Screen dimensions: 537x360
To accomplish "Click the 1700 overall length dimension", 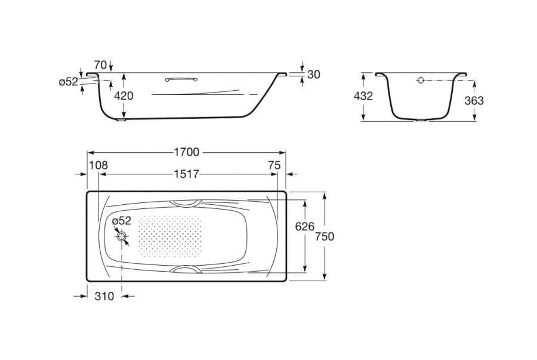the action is [x=187, y=152].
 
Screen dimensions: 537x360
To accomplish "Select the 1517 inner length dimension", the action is [x=186, y=174].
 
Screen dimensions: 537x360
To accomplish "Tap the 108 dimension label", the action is [x=98, y=165].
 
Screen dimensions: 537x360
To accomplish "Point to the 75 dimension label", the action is [x=274, y=165].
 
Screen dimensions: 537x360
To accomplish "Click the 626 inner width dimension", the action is [x=304, y=226].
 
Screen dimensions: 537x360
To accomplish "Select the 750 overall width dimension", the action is [x=325, y=236].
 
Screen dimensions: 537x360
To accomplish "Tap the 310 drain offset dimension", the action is [x=104, y=296].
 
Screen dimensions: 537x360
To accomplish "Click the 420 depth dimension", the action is [x=124, y=96].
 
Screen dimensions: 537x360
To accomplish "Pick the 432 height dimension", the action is [x=363, y=96].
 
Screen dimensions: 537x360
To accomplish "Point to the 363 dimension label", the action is [x=474, y=100].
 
